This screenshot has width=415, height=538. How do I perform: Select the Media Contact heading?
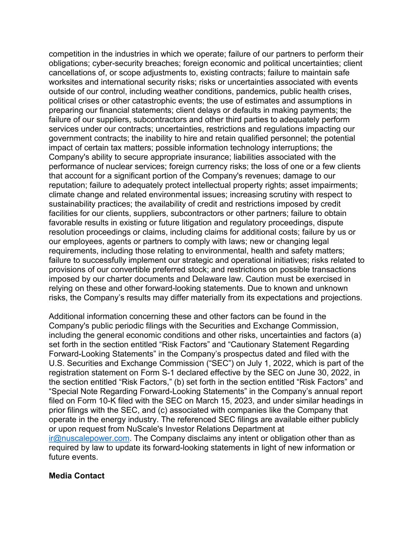click(x=76, y=476)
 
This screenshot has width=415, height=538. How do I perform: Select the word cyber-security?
click(x=118, y=63)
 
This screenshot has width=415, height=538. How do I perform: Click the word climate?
click(x=62, y=195)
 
